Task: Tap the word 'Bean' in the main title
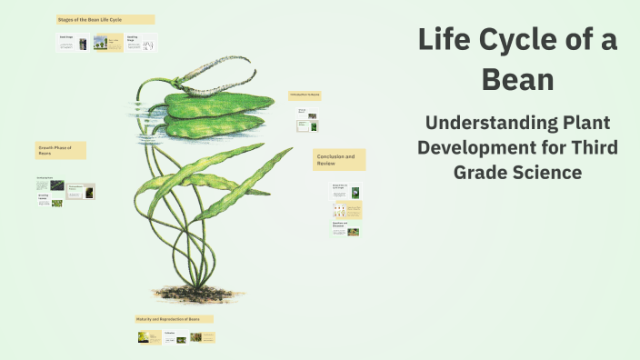pos(517,79)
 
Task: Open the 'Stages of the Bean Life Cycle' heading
pos(105,19)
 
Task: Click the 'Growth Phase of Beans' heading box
pos(61,150)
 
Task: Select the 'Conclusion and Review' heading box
pos(339,160)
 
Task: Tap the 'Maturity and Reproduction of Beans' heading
pos(174,319)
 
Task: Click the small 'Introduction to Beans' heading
pos(305,95)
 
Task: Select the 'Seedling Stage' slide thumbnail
pos(141,42)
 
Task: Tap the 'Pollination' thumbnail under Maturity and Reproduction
pos(176,337)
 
